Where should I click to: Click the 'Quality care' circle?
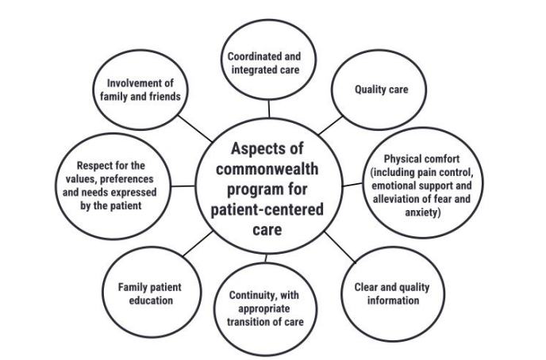(381, 89)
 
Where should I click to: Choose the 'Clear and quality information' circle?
(386, 294)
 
